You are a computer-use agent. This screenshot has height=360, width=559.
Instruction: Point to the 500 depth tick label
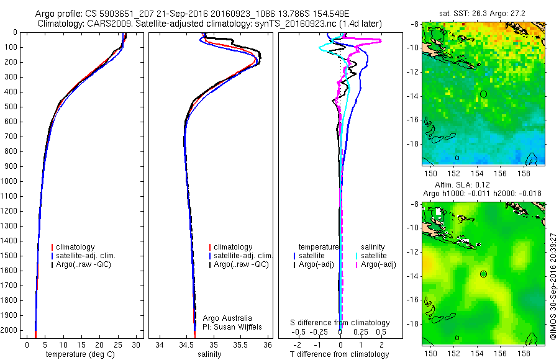tap(11, 107)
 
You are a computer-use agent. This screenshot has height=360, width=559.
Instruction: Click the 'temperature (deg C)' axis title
tap(81, 354)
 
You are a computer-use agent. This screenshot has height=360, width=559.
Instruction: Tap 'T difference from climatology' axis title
tap(340, 354)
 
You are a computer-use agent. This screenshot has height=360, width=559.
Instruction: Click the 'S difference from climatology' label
tap(340, 323)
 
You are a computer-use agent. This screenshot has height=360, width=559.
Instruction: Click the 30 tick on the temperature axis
tap(137, 344)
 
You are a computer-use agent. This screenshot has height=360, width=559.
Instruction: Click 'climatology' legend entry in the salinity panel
tap(233, 247)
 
